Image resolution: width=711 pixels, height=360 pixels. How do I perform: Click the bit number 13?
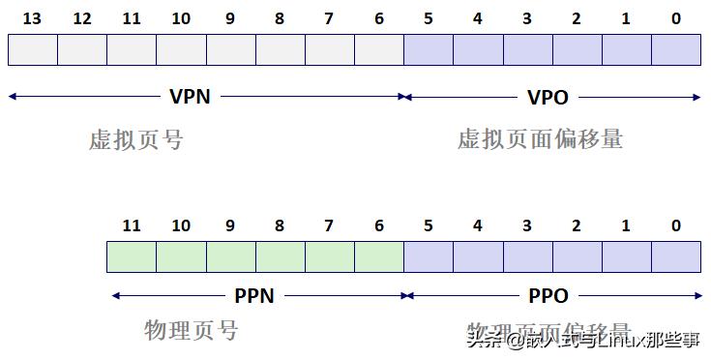click(33, 18)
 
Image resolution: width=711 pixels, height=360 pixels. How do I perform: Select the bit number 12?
click(82, 18)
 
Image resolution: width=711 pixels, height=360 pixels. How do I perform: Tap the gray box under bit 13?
click(33, 49)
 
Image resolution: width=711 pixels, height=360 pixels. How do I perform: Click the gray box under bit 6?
click(378, 49)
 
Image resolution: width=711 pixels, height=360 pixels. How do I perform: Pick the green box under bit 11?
click(132, 256)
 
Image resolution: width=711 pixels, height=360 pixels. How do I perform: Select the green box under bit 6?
click(378, 256)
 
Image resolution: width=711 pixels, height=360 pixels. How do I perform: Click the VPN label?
click(190, 96)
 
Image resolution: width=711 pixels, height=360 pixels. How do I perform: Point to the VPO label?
click(548, 97)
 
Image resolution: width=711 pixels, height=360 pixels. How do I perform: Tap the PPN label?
click(254, 296)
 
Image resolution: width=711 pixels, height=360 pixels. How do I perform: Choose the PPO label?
click(548, 296)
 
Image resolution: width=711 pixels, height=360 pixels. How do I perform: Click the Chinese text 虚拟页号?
click(135, 140)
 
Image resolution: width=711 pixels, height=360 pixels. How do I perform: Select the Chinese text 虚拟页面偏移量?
click(540, 139)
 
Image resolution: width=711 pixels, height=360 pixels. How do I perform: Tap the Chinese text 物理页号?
click(191, 331)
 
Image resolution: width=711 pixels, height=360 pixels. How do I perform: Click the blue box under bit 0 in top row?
click(675, 49)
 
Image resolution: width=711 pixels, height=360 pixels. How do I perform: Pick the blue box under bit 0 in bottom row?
click(675, 256)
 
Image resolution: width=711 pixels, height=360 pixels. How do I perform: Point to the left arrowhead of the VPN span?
click(13, 96)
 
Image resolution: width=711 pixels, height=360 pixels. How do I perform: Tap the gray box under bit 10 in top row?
click(181, 49)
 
